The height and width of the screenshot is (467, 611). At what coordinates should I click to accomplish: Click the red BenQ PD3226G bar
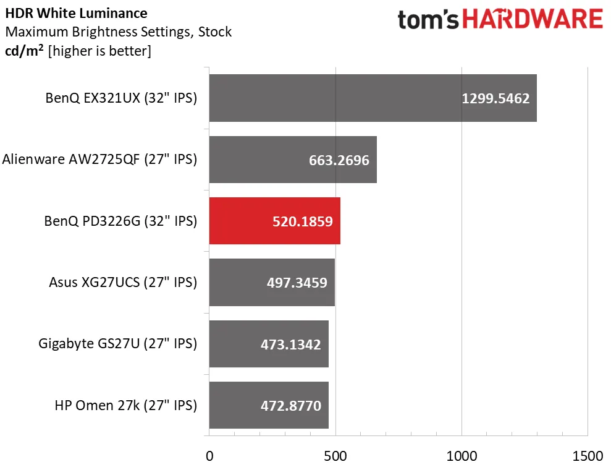274,221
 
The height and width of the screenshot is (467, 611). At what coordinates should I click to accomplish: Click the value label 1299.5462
495,98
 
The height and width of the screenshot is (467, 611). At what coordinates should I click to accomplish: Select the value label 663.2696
339,160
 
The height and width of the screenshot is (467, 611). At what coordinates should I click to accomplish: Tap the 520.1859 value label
302,221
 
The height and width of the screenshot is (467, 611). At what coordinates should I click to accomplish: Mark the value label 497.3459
297,283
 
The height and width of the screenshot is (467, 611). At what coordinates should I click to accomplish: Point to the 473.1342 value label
290,345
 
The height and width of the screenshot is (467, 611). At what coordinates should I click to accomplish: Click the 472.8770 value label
290,406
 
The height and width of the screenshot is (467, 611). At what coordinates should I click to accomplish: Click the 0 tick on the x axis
209,456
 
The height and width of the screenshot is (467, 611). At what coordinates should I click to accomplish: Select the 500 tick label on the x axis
335,456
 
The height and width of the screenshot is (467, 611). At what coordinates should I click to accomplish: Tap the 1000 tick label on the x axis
461,456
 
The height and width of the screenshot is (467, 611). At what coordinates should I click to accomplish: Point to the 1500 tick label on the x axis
587,456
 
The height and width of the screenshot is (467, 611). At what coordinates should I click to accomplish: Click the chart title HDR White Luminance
77,13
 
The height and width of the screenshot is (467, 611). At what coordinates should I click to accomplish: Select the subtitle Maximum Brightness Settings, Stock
118,32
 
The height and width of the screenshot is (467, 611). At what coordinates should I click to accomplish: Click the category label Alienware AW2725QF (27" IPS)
99,160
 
